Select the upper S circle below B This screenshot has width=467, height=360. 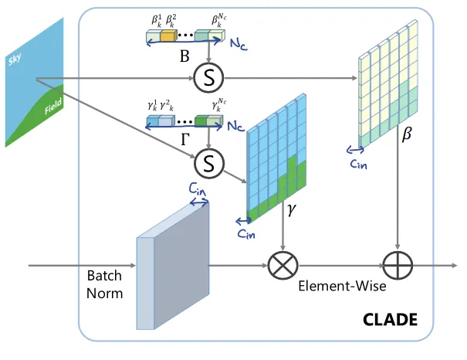pyautogui.click(x=208, y=76)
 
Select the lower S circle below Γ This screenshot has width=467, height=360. pyautogui.click(x=208, y=161)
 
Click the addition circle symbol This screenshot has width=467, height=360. pyautogui.click(x=397, y=266)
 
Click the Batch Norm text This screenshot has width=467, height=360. pyautogui.click(x=105, y=284)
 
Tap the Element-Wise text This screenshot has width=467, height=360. pyautogui.click(x=342, y=285)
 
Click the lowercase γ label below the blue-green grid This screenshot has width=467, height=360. pyautogui.click(x=291, y=209)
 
